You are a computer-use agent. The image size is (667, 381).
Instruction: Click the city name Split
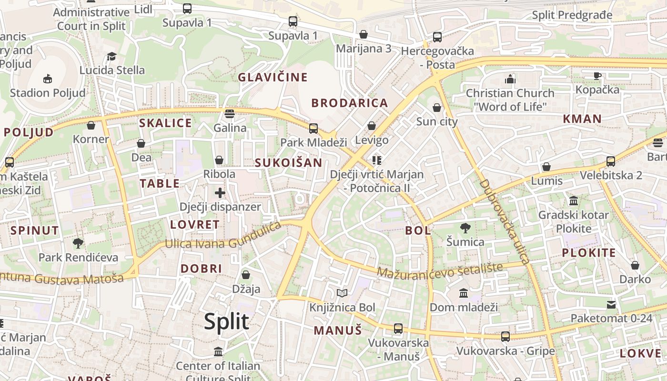point(226,321)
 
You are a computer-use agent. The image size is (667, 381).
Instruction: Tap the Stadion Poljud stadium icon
point(48,79)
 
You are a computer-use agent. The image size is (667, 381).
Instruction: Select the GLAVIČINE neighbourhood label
point(273,77)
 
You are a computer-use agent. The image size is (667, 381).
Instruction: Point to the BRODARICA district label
point(350,103)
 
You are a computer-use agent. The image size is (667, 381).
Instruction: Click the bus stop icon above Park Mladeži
point(313,128)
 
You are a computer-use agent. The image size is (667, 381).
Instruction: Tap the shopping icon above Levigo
point(372,126)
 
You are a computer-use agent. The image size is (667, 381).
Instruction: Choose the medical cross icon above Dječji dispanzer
point(220,193)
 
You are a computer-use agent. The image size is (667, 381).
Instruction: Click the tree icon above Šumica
point(465,228)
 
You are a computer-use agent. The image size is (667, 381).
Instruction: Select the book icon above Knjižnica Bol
point(342,293)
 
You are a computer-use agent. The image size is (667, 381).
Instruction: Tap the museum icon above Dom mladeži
point(464,293)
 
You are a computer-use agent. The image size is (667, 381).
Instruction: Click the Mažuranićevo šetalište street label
point(440,270)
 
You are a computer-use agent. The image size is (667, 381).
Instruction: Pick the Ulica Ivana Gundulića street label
point(223,237)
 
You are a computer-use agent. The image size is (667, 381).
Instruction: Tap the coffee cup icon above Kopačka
point(597,75)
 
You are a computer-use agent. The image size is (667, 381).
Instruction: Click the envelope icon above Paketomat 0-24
point(611,304)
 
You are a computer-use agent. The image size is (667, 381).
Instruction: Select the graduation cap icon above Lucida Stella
point(111,56)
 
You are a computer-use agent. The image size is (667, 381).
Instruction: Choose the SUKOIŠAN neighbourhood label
point(288,163)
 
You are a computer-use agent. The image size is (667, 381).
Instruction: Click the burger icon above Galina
point(230,114)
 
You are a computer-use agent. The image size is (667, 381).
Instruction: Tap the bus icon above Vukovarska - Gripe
point(505,337)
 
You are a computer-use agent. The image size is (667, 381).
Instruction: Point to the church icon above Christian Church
point(510,79)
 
